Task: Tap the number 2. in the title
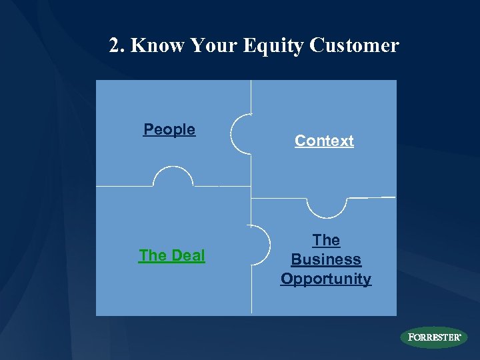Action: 117,45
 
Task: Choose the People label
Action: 169,129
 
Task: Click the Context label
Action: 324,141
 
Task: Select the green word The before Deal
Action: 152,255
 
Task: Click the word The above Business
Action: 326,240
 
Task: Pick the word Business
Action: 326,259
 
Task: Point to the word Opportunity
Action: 326,279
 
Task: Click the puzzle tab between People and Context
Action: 241,134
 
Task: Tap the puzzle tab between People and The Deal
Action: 173,177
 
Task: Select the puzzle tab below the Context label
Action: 327,207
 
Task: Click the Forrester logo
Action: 433,337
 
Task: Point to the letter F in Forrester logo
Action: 411,337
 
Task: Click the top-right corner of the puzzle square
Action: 396,81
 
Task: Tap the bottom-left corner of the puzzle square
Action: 97,315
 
